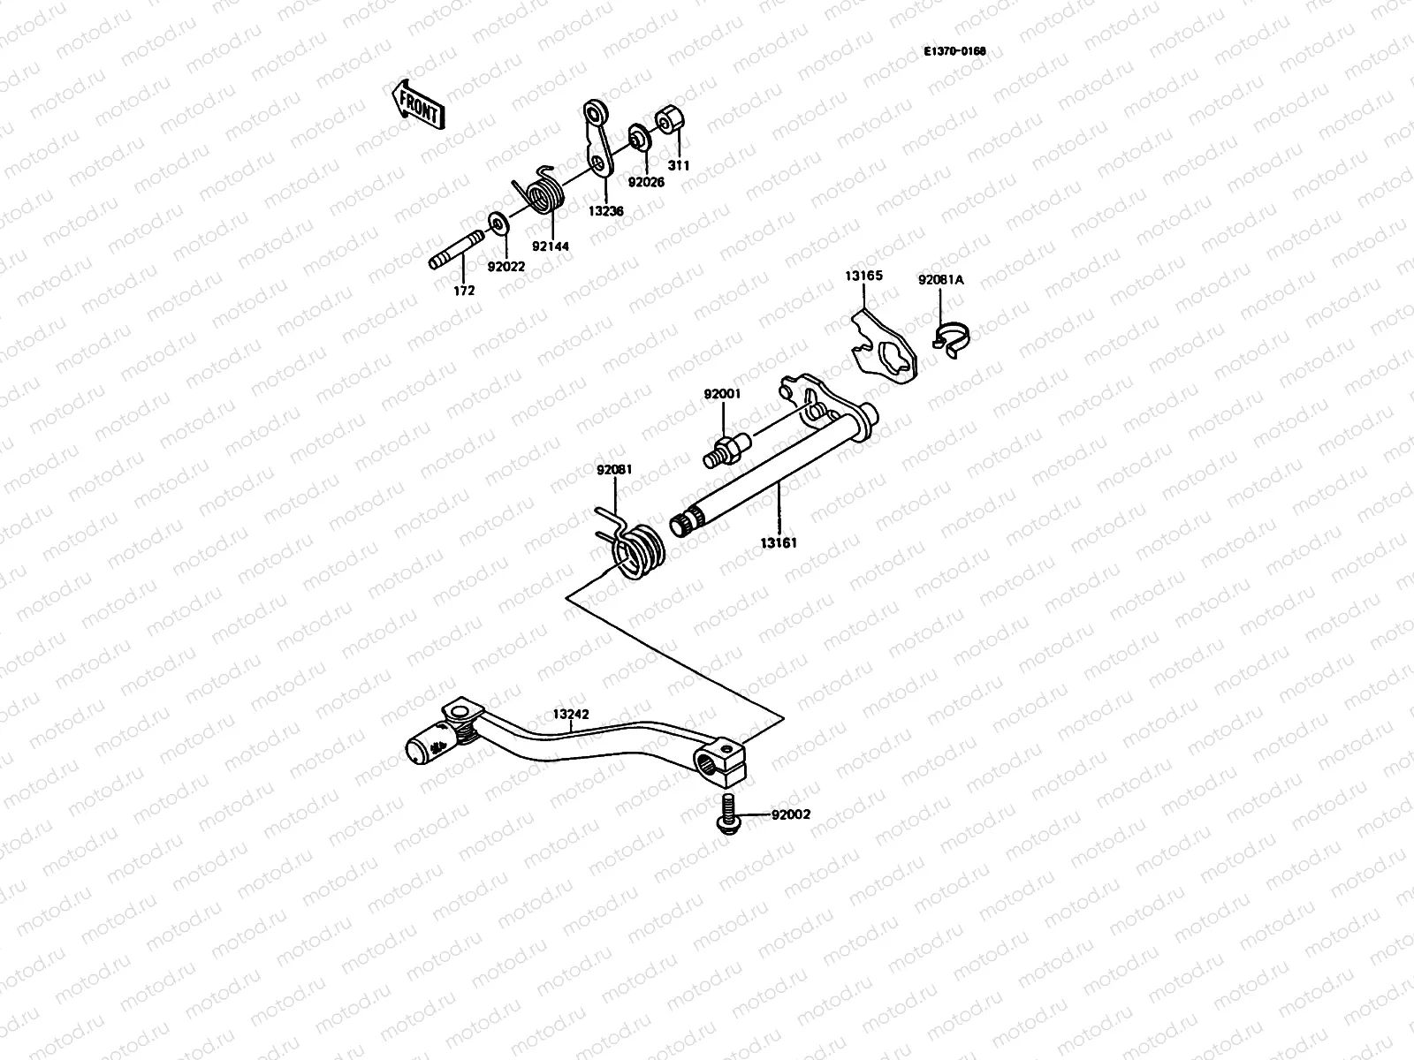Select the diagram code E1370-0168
coord(954,51)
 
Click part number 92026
coord(646,182)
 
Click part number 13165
coord(863,276)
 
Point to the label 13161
coord(778,543)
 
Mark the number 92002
coord(790,814)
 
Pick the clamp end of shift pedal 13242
coord(720,762)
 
